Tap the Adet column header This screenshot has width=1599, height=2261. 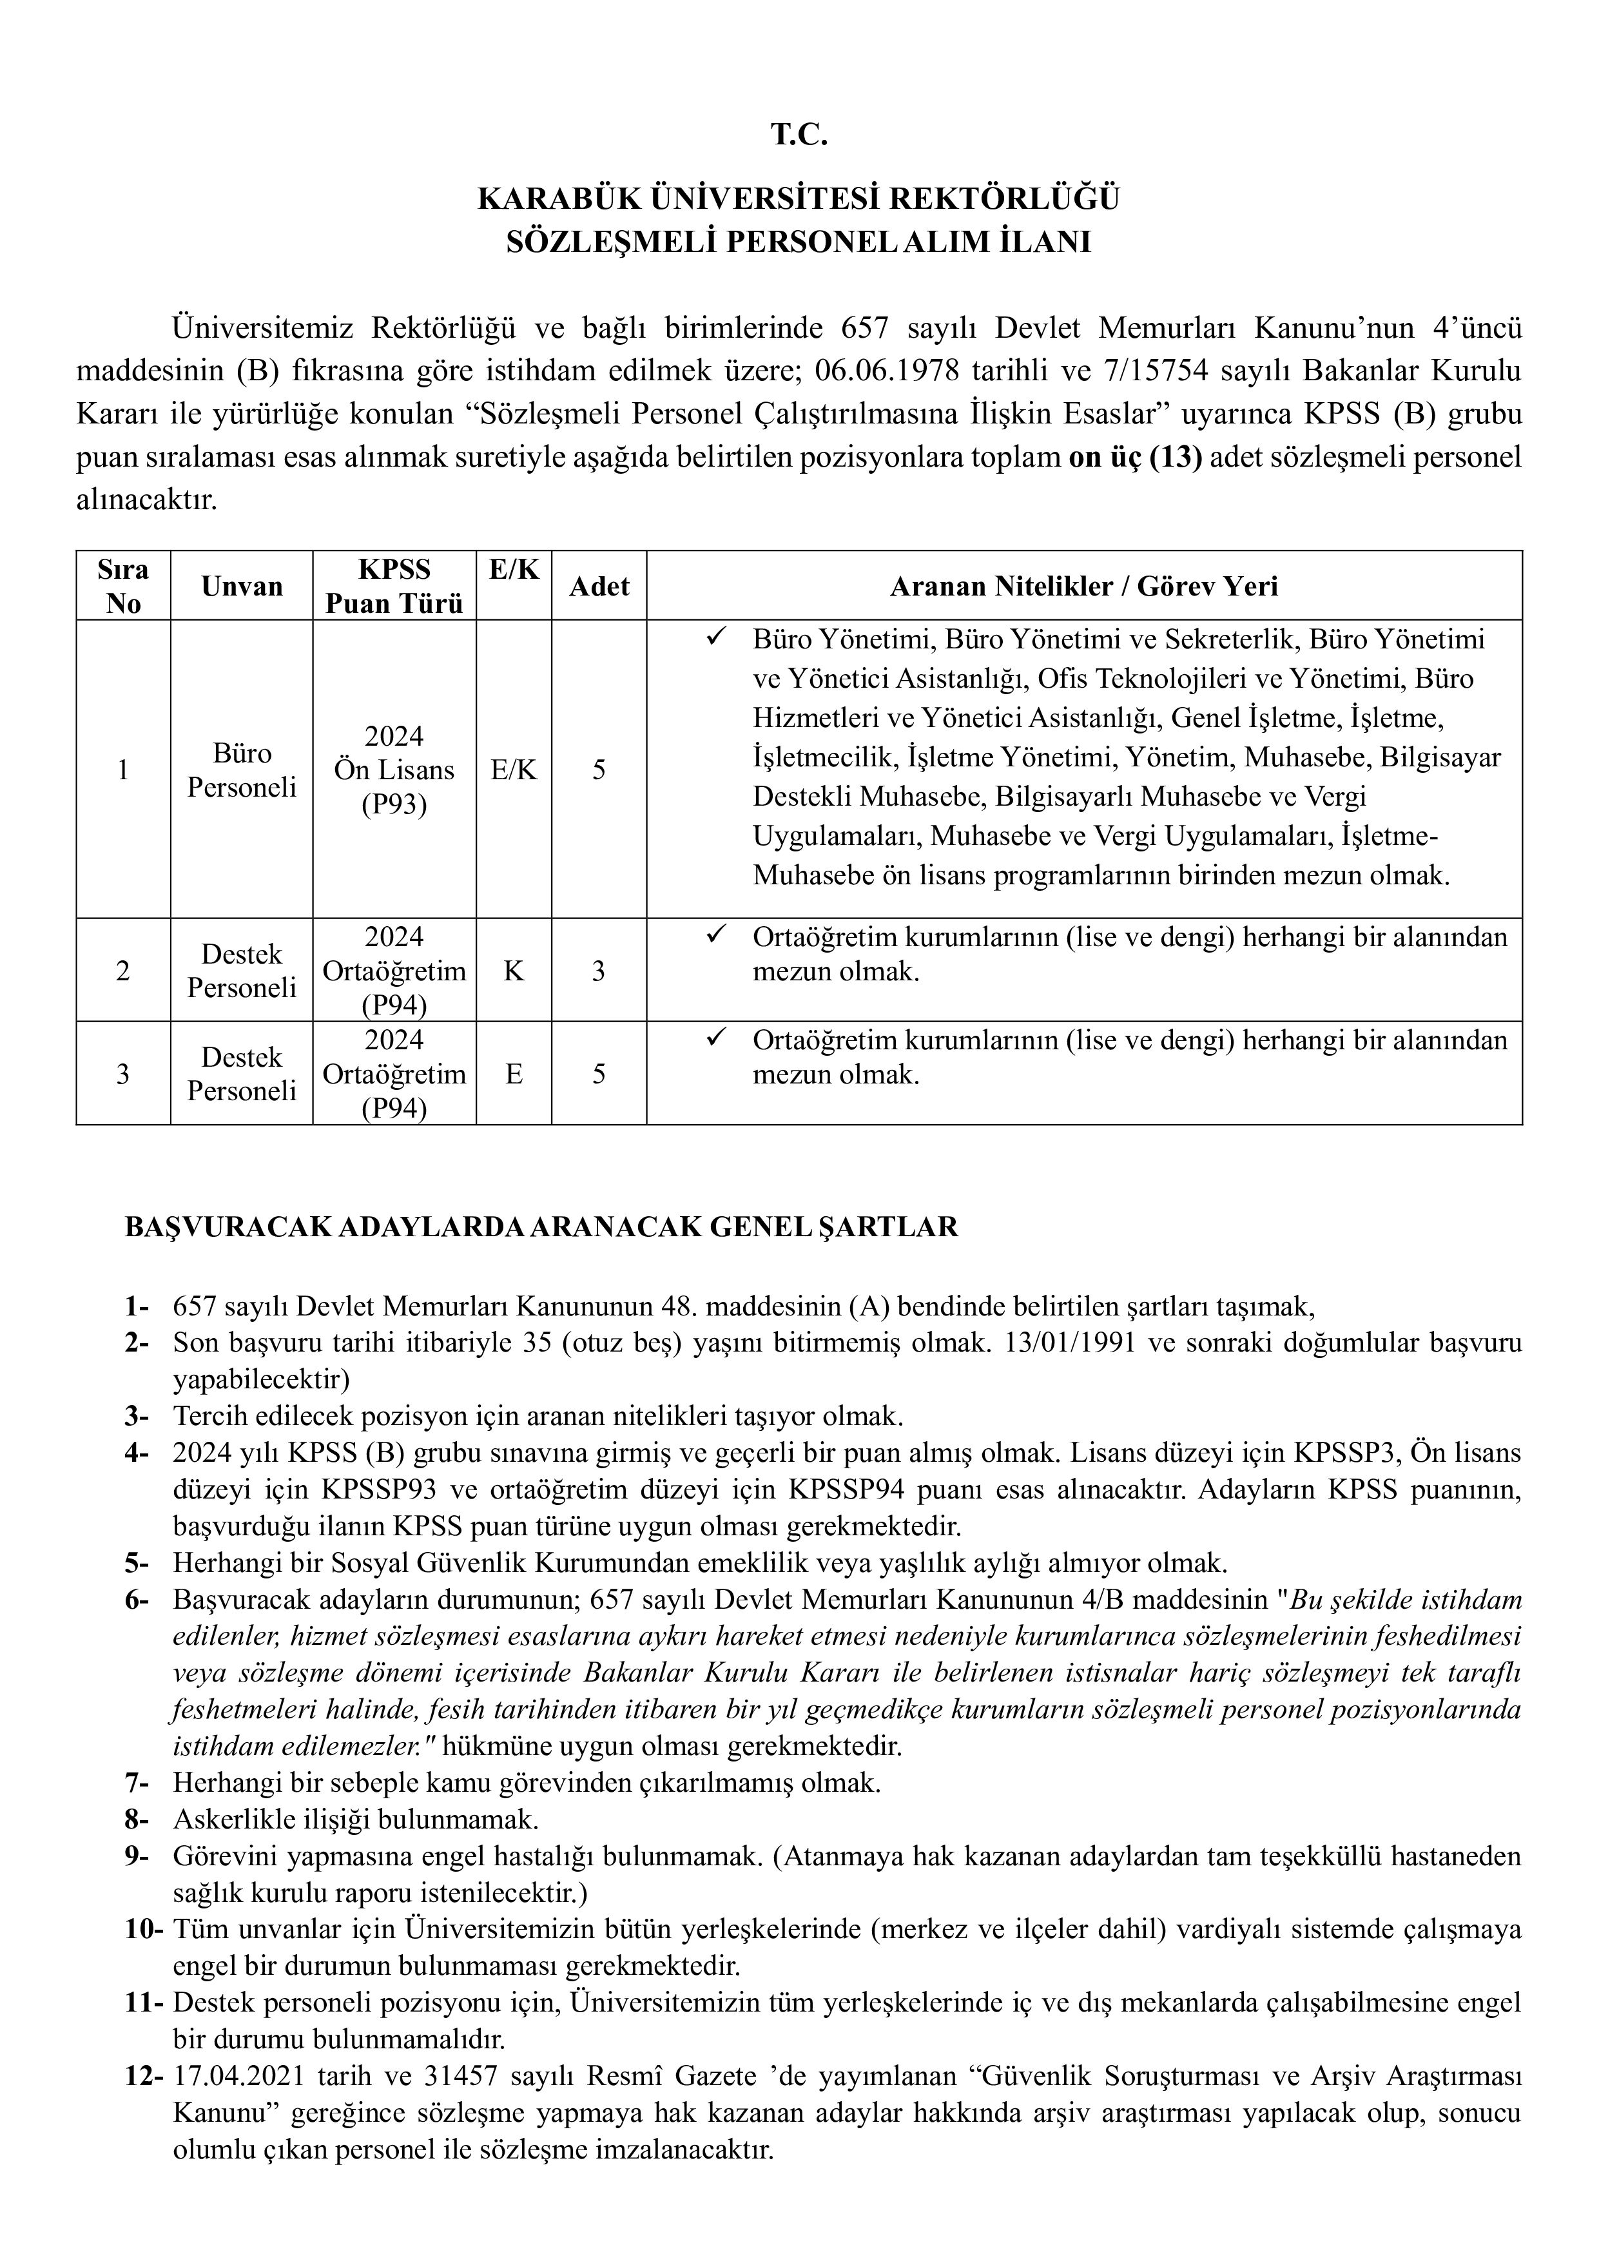(x=599, y=587)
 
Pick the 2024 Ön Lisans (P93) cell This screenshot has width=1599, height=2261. (x=394, y=770)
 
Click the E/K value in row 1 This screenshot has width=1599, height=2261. (x=514, y=770)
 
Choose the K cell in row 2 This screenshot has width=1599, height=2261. (x=514, y=971)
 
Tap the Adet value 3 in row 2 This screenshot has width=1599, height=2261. (x=599, y=971)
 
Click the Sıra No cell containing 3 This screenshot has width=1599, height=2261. (x=123, y=1073)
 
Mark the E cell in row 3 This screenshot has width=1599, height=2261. (x=514, y=1073)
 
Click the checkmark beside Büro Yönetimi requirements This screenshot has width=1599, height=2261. (x=716, y=638)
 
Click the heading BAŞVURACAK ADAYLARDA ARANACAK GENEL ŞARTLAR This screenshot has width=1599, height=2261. (x=541, y=1227)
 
